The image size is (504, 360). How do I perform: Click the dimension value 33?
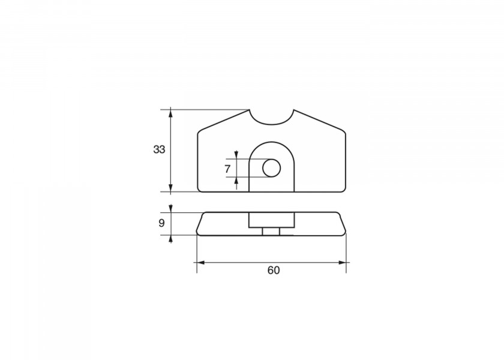[159, 149]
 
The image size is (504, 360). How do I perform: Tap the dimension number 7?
[227, 169]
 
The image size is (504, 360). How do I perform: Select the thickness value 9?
[161, 223]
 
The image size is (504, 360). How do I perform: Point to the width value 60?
[274, 271]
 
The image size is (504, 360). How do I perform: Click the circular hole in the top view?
[272, 168]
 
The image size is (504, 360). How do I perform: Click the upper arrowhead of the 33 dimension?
[170, 113]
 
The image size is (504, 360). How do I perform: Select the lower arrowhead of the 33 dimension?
[170, 188]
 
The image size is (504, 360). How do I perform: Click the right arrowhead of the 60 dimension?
[342, 263]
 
